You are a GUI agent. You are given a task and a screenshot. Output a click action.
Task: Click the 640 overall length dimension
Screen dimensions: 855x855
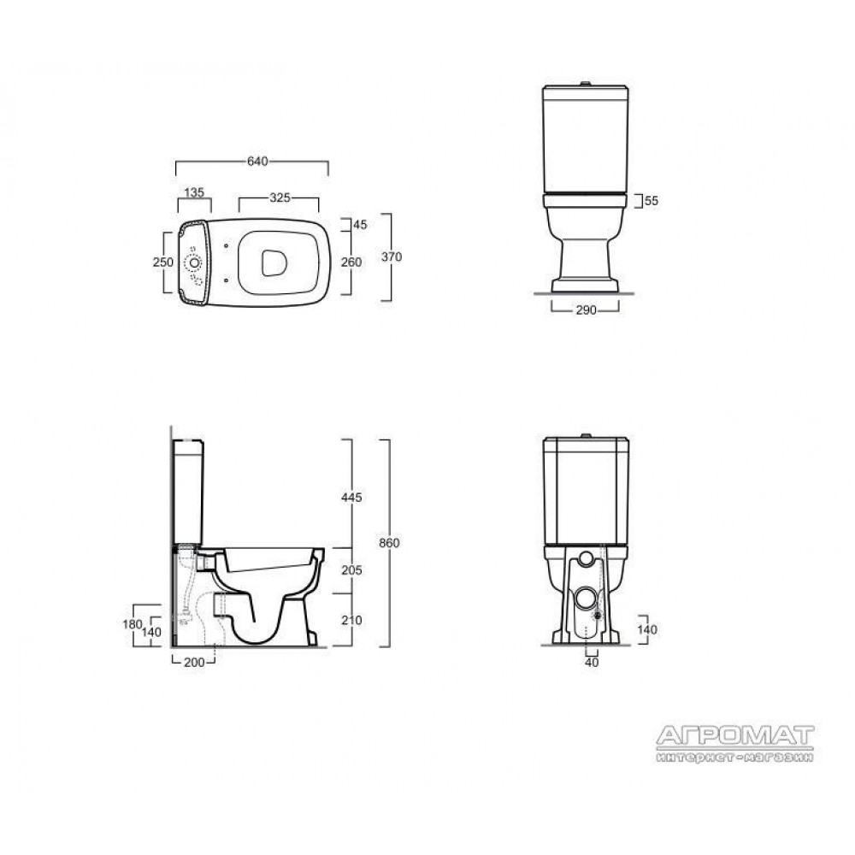257,162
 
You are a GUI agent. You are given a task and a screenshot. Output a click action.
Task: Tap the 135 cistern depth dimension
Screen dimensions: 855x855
194,192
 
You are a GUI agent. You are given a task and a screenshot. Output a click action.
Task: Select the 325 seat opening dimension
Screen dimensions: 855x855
280,198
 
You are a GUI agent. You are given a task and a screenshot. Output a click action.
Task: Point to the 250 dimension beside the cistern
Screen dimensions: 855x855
163,262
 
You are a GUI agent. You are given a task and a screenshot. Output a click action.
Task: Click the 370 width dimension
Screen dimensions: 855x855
392,256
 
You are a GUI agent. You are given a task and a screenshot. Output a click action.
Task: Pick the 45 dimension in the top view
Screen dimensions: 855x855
361,225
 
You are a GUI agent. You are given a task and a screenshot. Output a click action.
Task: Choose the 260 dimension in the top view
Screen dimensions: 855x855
351,262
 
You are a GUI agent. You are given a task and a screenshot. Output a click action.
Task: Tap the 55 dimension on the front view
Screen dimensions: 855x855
652,201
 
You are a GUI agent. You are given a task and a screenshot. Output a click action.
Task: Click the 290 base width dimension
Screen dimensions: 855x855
587,310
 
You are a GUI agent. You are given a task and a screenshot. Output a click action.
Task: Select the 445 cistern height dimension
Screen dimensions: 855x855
351,498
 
